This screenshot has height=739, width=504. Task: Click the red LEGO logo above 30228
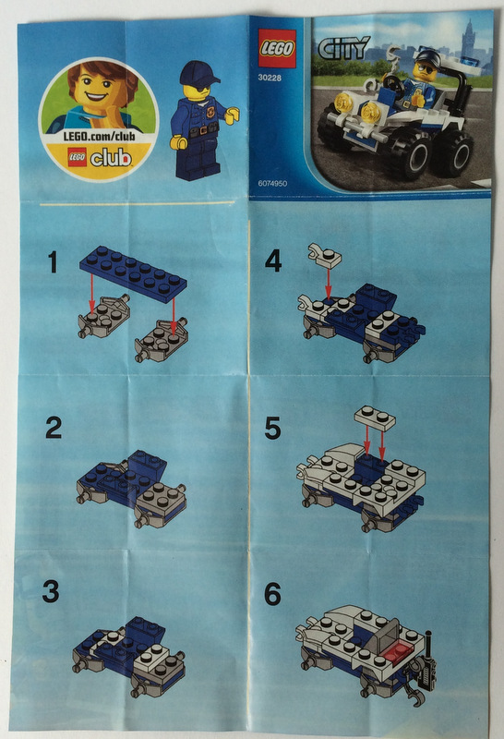277,48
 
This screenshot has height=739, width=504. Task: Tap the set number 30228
270,78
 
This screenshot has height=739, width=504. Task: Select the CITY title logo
343,48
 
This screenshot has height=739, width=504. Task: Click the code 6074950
272,183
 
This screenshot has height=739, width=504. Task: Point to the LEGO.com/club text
99,137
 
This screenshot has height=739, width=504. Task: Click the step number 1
53,262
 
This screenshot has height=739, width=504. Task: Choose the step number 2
54,428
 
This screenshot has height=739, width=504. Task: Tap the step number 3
51,591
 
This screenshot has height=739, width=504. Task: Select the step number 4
273,260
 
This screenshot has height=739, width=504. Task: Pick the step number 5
272,428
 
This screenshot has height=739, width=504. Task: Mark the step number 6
272,594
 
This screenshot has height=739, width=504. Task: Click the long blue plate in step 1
133,273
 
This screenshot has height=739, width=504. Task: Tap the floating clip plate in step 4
325,256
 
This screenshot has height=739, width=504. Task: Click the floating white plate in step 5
375,418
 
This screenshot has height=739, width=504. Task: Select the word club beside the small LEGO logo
111,158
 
